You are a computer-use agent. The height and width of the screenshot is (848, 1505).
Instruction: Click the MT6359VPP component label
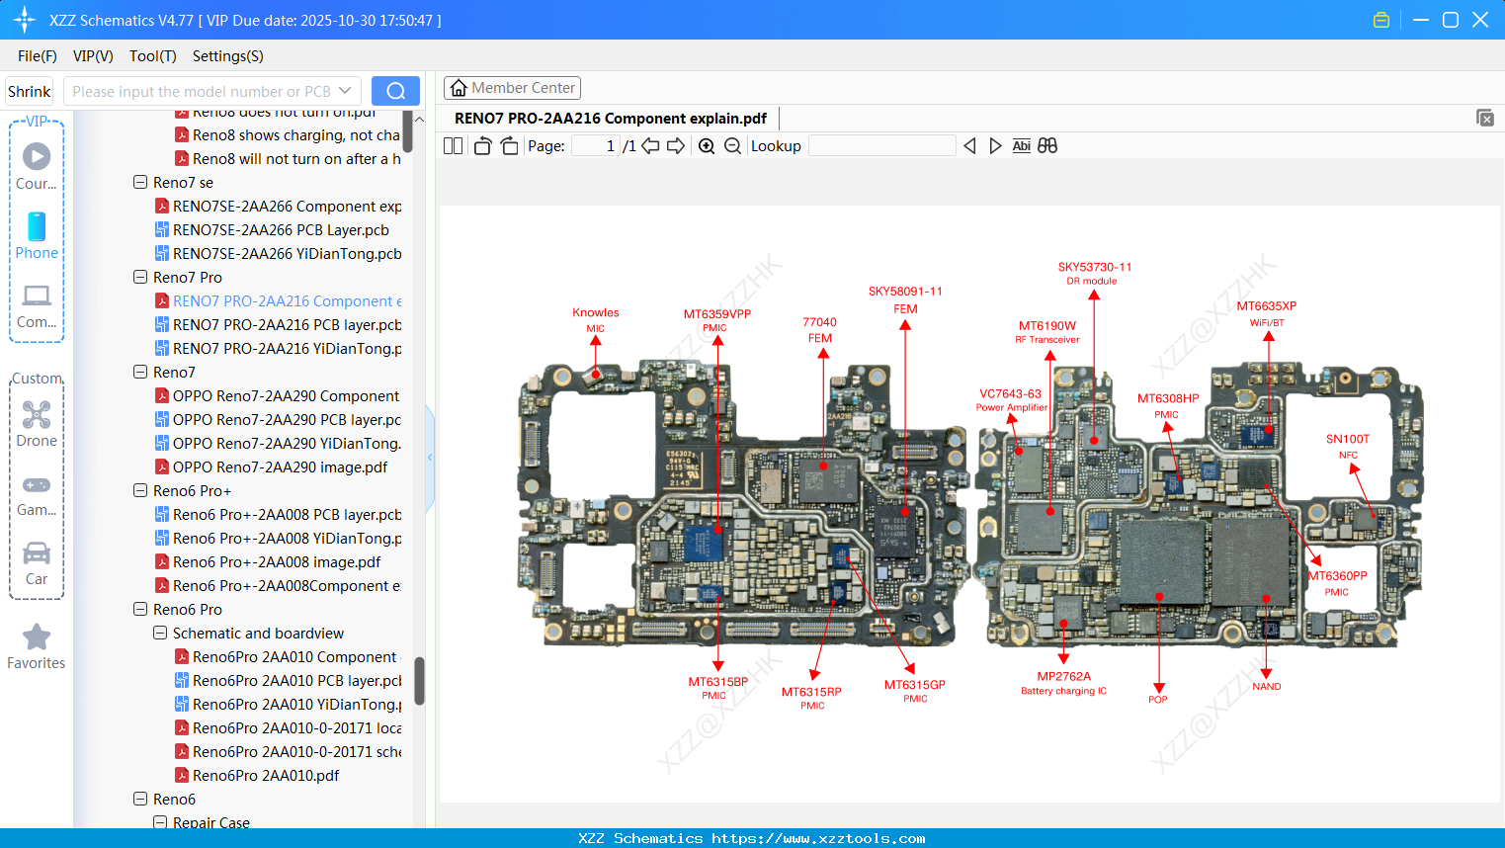tap(716, 314)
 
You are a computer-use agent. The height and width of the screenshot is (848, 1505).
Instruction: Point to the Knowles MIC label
tap(595, 313)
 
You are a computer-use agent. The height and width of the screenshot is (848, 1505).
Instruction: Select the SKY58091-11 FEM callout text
tap(905, 292)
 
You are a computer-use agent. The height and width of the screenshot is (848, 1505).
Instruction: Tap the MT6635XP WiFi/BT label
tap(1266, 306)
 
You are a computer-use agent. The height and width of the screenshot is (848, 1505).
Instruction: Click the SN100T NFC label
tap(1347, 440)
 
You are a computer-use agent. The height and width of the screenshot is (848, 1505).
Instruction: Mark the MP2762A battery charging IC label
tap(1063, 677)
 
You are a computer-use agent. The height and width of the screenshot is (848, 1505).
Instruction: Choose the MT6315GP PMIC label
tap(914, 685)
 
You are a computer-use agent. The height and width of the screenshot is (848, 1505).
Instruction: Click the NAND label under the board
tap(1266, 687)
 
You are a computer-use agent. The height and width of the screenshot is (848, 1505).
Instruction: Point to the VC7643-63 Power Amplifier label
tap(1010, 394)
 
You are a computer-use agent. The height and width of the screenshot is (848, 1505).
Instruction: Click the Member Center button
tap(512, 88)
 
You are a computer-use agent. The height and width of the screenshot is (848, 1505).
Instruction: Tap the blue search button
tap(395, 91)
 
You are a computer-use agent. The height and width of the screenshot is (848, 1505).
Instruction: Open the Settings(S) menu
tap(227, 56)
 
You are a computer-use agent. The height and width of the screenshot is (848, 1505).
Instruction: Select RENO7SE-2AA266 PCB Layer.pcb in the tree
tap(281, 230)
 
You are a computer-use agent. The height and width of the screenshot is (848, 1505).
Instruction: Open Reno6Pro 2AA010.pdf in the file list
tap(266, 776)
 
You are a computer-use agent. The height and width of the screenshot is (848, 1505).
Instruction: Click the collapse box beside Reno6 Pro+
tap(140, 491)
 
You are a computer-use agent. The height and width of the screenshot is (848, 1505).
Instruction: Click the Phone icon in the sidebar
tap(37, 227)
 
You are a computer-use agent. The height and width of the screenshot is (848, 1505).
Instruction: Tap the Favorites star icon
tap(37, 637)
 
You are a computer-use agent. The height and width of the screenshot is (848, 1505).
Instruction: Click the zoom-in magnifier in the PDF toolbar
tap(707, 146)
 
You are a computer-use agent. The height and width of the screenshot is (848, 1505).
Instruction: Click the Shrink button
tap(30, 92)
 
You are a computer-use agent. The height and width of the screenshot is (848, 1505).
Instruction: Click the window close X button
tap(1480, 20)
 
